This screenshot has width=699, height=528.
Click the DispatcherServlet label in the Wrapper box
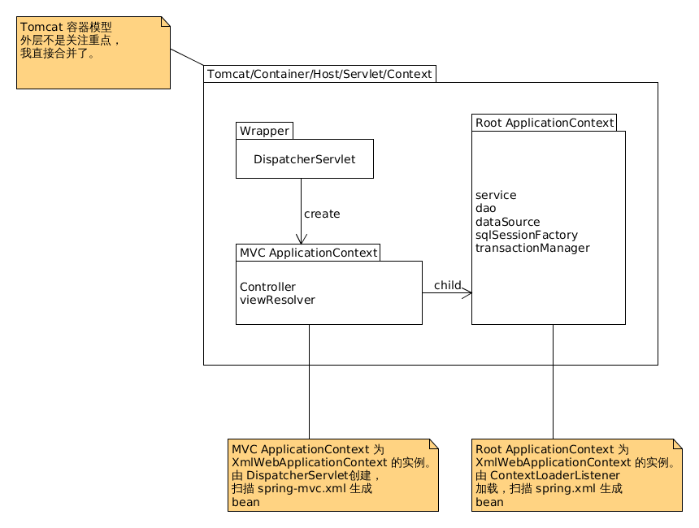(x=305, y=159)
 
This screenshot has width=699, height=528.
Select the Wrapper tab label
(x=264, y=131)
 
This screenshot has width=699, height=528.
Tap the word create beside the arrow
(x=322, y=214)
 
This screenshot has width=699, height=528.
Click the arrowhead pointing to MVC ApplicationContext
(x=302, y=238)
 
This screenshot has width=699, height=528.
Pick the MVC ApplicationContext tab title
(x=309, y=253)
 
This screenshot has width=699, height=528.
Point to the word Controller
(x=267, y=287)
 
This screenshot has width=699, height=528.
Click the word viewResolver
(x=277, y=300)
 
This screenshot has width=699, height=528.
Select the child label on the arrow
(x=448, y=285)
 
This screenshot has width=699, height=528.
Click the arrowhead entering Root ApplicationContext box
(x=467, y=292)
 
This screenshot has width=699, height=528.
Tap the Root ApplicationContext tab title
(x=545, y=123)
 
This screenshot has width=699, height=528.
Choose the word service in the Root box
(x=496, y=195)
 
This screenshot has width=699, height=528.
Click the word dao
(x=485, y=208)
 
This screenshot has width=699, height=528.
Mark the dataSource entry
(x=507, y=222)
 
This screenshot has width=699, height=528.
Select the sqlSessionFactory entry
(x=527, y=235)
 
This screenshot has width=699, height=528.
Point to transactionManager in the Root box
(x=532, y=248)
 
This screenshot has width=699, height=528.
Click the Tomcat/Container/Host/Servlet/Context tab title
(x=319, y=74)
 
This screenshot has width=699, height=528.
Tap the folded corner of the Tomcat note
(x=165, y=22)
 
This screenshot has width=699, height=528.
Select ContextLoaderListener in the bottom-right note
(x=554, y=475)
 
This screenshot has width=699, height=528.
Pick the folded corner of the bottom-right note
(x=677, y=444)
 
